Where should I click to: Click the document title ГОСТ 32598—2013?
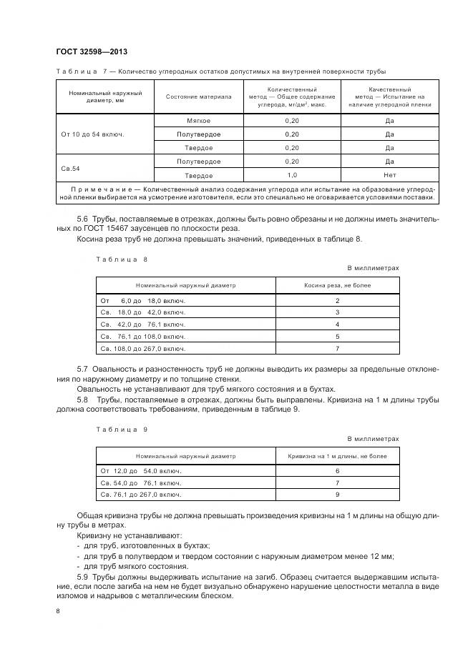(91, 51)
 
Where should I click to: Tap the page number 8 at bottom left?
(57, 610)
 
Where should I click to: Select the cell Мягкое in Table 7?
(198, 121)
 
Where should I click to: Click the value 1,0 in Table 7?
(291, 175)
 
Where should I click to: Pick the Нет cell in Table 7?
(389, 175)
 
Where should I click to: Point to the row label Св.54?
(71, 169)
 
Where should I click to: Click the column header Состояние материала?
(198, 96)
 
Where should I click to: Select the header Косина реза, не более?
(337, 284)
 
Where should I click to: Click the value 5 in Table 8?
(337, 336)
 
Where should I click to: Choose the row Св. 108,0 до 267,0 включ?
(143, 348)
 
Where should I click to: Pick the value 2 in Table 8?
(337, 301)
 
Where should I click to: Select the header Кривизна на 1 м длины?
(337, 455)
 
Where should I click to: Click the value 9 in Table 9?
(337, 495)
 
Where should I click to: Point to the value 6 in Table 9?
(337, 472)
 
